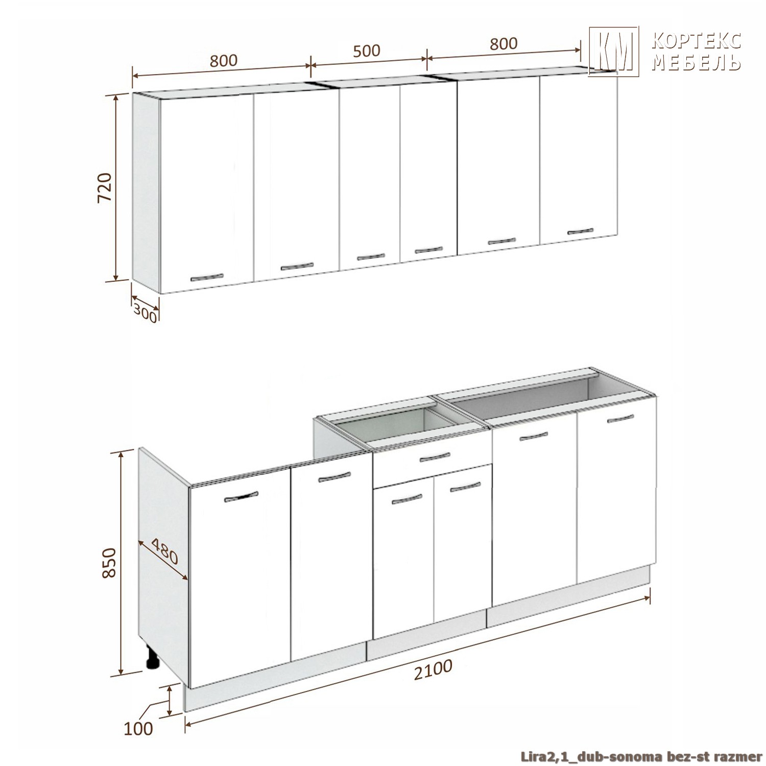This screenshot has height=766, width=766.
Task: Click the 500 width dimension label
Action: [367, 51]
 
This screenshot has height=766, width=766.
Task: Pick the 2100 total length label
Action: [433, 669]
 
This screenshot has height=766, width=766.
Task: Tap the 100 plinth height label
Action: [138, 728]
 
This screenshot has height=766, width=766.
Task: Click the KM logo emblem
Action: [614, 51]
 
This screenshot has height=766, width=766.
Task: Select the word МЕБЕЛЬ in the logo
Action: [697, 62]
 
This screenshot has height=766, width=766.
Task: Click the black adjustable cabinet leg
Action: [152, 658]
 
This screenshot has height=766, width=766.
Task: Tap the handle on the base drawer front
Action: [435, 457]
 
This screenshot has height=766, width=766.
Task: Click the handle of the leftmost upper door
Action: [207, 277]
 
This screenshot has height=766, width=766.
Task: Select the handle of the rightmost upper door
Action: [581, 231]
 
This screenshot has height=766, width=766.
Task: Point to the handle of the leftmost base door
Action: [241, 496]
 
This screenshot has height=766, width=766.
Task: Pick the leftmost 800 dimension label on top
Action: [224, 60]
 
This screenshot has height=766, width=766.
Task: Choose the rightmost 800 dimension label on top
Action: [504, 43]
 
